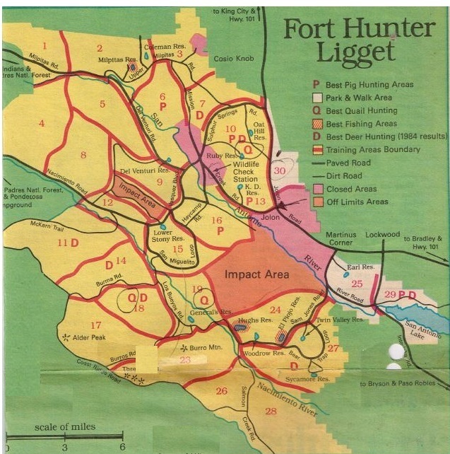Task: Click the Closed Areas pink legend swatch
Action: [x=318, y=189]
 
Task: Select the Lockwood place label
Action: [x=382, y=234]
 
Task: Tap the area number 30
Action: [x=281, y=170]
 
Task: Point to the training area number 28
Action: [x=271, y=411]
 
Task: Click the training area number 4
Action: [x=42, y=124]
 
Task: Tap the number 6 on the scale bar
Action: [x=122, y=447]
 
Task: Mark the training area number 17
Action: [x=95, y=305]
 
